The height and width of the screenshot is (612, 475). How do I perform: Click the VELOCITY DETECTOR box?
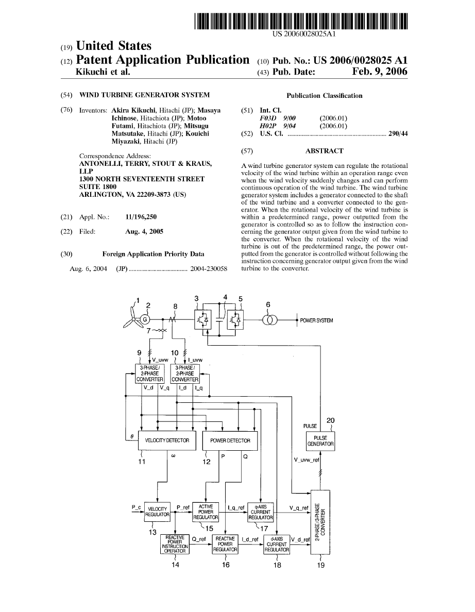167,440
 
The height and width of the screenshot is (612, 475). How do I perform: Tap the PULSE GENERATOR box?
320,440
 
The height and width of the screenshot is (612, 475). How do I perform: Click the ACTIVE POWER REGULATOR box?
206,512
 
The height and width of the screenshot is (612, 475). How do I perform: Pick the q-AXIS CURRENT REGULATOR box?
261,512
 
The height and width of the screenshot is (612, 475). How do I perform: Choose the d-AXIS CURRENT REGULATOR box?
277,543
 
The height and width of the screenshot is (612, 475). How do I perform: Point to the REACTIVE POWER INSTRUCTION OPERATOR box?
175,543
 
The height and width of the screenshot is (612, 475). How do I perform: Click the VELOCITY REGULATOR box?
157,512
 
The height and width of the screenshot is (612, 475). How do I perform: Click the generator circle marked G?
145,319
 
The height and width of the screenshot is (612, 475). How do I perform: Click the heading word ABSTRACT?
324,151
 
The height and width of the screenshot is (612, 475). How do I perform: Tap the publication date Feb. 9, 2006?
380,72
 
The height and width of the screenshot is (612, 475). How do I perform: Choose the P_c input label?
136,507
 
